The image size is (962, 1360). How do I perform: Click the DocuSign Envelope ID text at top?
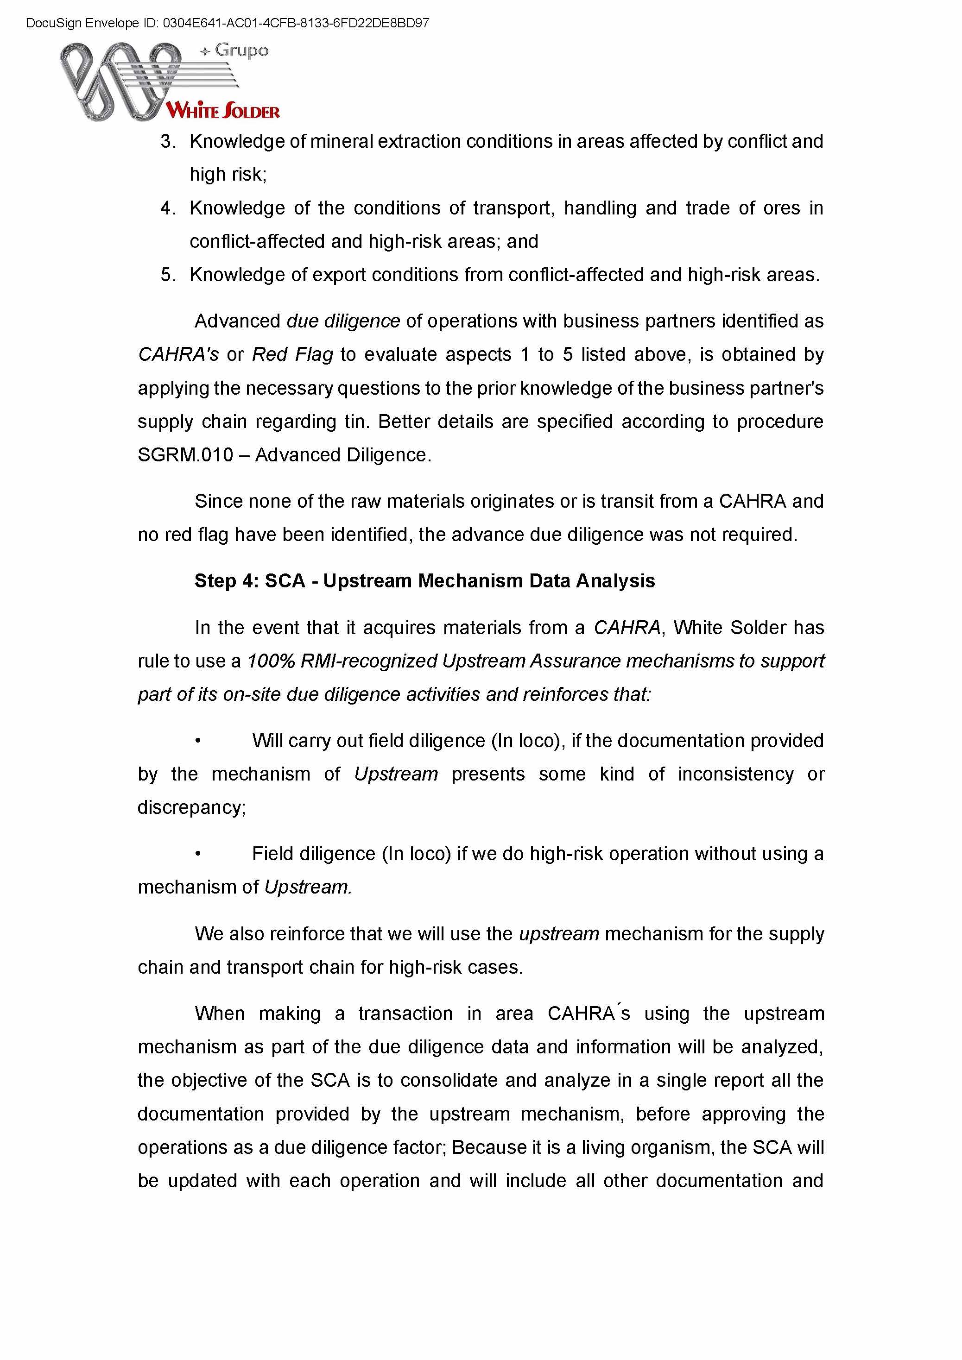(x=228, y=23)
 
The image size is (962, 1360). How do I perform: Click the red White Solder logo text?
(x=223, y=111)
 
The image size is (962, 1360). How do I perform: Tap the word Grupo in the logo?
(x=241, y=50)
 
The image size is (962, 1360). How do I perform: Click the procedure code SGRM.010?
(x=185, y=455)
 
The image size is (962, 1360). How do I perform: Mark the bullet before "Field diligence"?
(x=198, y=854)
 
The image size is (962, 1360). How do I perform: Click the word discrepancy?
(x=191, y=808)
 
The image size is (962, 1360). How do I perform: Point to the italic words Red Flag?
(x=292, y=354)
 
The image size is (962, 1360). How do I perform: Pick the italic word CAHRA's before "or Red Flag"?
(x=178, y=354)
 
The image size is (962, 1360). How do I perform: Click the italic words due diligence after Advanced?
(x=343, y=321)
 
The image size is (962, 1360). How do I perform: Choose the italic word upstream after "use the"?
(x=559, y=934)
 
